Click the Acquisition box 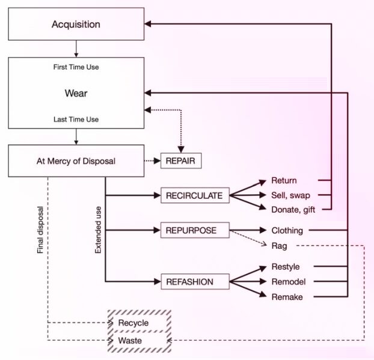pos(76,25)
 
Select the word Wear pos(76,93)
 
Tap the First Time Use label pos(76,67)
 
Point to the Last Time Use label pos(76,120)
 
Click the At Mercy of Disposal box pos(76,160)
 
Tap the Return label pos(284,180)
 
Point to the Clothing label pos(287,230)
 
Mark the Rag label pos(278,245)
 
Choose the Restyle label pos(286,266)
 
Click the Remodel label pos(287,281)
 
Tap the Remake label pos(286,296)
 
